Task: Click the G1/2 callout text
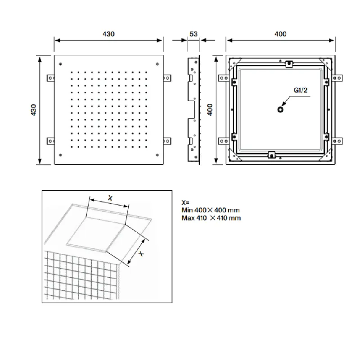click(x=300, y=90)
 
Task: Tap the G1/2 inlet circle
click(x=280, y=109)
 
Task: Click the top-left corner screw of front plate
click(x=60, y=64)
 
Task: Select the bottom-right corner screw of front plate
click(x=157, y=155)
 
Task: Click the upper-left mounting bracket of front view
click(x=51, y=78)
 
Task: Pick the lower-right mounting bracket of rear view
click(x=337, y=141)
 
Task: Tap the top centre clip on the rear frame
click(x=289, y=63)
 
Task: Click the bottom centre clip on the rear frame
click(x=272, y=155)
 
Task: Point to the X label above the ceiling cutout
click(x=110, y=198)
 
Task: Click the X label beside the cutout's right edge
click(x=141, y=253)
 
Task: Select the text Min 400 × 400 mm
click(x=211, y=210)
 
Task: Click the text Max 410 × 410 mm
click(x=211, y=218)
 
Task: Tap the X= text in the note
click(x=185, y=202)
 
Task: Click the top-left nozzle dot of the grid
click(x=72, y=72)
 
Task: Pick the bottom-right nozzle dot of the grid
click(x=146, y=147)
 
